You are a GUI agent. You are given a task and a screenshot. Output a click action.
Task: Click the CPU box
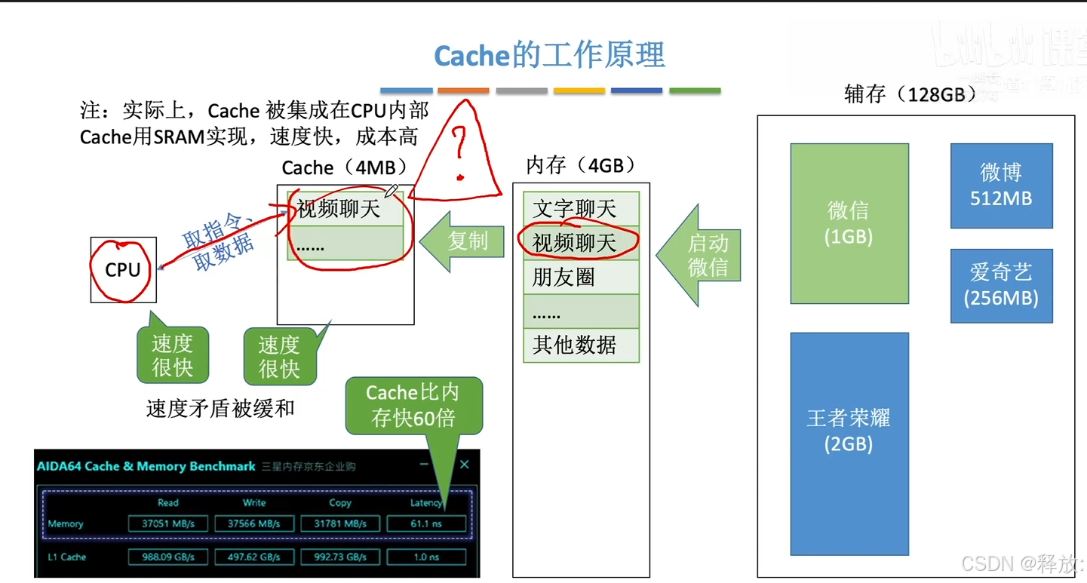coord(123,269)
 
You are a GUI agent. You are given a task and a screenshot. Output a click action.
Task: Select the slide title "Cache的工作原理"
coord(549,55)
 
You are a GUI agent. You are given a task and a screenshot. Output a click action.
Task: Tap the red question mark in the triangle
coord(458,151)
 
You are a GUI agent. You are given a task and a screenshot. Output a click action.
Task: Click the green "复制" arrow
coord(462,241)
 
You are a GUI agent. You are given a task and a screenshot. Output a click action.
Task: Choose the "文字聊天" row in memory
coord(580,209)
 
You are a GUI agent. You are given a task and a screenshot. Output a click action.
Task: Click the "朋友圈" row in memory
coord(580,277)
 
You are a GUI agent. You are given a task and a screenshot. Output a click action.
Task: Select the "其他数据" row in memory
coord(580,345)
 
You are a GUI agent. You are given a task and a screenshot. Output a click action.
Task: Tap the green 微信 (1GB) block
coord(849,223)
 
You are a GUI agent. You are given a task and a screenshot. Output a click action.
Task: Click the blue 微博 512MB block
coord(1001,186)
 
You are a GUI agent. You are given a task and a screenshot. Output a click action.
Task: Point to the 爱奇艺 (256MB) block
coord(1001,285)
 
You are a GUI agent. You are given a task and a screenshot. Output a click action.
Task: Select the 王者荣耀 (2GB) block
coord(849,443)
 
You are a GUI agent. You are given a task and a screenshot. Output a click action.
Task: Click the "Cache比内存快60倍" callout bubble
coord(413,405)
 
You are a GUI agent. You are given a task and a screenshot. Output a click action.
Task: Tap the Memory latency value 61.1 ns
coord(426,523)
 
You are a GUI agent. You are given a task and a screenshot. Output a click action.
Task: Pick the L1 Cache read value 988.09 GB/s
coord(168,557)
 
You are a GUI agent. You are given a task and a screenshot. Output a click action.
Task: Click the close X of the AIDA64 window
coord(465,465)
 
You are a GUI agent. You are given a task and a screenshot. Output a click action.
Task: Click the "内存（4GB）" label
coord(580,165)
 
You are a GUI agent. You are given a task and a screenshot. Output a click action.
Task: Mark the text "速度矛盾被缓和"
coord(220,409)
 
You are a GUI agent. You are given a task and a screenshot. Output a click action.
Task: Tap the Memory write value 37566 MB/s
coord(254,523)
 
